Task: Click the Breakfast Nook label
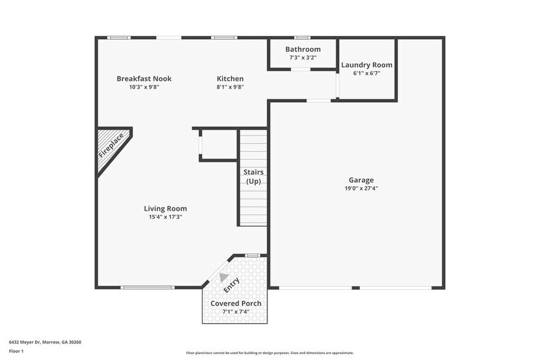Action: click(x=144, y=78)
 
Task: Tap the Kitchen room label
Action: click(x=230, y=78)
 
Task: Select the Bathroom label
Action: click(x=303, y=49)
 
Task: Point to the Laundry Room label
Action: click(x=367, y=65)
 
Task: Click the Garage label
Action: click(x=361, y=180)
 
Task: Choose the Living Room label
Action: click(x=165, y=208)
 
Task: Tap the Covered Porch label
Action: click(x=236, y=303)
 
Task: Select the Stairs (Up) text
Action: click(x=253, y=177)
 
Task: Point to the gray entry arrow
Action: click(x=224, y=277)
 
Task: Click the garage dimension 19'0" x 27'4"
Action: click(x=361, y=189)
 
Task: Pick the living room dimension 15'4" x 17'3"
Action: click(x=165, y=217)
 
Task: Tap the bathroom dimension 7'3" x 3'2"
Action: click(x=303, y=58)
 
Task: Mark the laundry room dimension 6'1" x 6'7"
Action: click(x=367, y=73)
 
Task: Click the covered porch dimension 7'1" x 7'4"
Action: click(x=236, y=312)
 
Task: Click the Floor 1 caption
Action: click(x=16, y=351)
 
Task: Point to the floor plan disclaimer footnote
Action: click(x=270, y=353)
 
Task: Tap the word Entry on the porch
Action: click(x=231, y=285)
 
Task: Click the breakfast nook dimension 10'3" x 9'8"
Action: click(x=144, y=87)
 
